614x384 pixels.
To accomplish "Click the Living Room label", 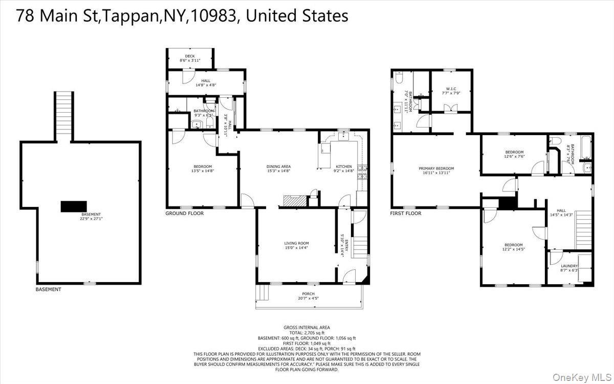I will (x=297, y=245).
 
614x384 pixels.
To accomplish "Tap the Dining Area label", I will (x=278, y=168).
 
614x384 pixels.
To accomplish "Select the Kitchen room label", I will (x=343, y=168).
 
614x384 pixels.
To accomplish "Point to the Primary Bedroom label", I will (x=436, y=170).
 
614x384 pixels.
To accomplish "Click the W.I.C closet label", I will (x=450, y=91).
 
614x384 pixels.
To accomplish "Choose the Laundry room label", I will (x=569, y=268).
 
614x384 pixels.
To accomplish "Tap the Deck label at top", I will (x=190, y=58).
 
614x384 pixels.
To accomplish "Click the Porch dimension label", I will (x=308, y=298).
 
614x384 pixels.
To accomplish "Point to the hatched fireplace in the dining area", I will (x=295, y=200).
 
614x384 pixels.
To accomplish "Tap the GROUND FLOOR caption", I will (x=184, y=214).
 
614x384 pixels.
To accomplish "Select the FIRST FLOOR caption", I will (x=406, y=214).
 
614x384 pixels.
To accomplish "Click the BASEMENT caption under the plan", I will (x=48, y=289).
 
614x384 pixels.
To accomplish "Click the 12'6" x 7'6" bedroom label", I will (x=514, y=154).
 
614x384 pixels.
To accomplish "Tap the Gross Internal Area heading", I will (x=307, y=327).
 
